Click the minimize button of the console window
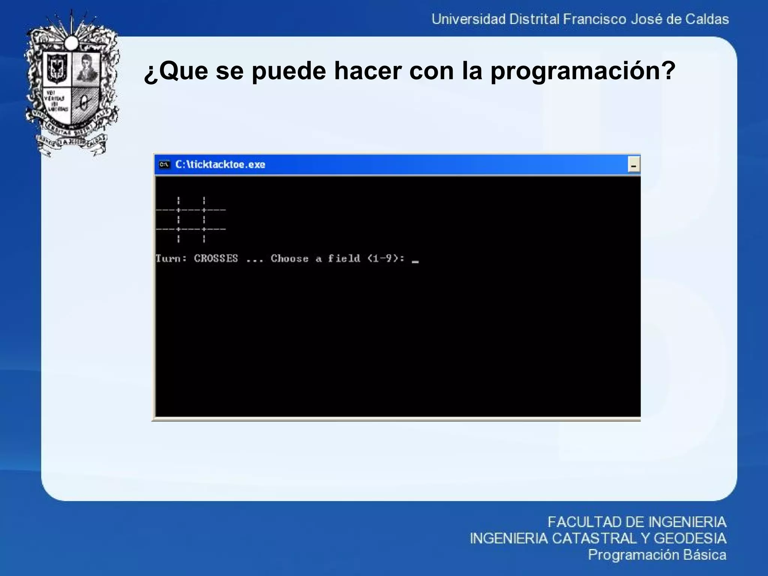point(634,165)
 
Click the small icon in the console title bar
point(164,165)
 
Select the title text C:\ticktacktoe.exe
point(220,165)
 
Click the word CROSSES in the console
point(216,258)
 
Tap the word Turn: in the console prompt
point(171,258)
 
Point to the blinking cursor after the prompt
point(415,261)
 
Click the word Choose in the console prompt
point(289,258)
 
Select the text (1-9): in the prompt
point(386,258)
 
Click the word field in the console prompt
point(344,258)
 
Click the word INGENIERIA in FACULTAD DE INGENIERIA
point(687,522)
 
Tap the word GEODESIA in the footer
point(690,538)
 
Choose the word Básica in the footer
point(705,555)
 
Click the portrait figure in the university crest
point(86,68)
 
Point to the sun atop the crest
point(71,42)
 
